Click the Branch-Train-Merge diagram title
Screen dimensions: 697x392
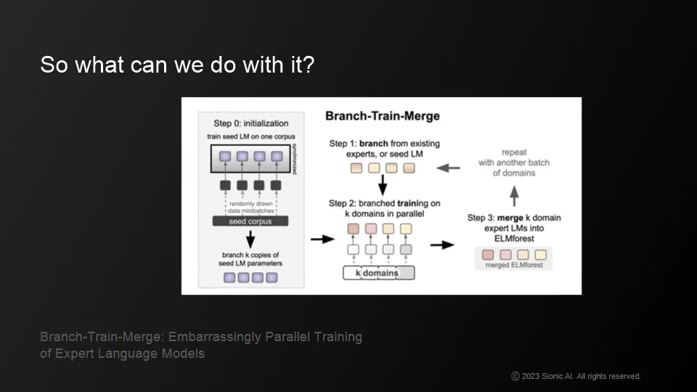pyautogui.click(x=382, y=116)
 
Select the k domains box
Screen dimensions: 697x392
pyautogui.click(x=378, y=273)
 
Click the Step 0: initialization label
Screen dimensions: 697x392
pyautogui.click(x=250, y=123)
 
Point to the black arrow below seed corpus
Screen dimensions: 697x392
pyautogui.click(x=249, y=238)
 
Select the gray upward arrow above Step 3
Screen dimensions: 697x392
pyautogui.click(x=513, y=194)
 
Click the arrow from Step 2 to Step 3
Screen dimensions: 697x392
pyautogui.click(x=441, y=245)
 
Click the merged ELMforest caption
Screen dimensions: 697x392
pyautogui.click(x=513, y=266)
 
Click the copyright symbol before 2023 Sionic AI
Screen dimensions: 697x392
pyautogui.click(x=515, y=377)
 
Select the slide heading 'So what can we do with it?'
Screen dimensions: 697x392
pyautogui.click(x=177, y=65)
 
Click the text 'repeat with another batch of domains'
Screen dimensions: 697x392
pyautogui.click(x=513, y=163)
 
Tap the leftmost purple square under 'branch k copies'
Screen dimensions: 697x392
pyautogui.click(x=229, y=277)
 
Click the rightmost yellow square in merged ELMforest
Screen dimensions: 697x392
pyautogui.click(x=540, y=254)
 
